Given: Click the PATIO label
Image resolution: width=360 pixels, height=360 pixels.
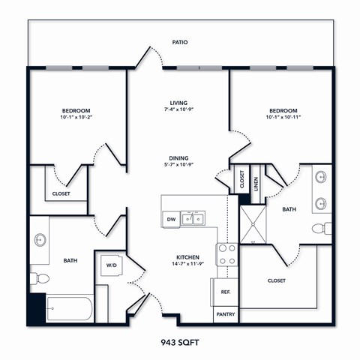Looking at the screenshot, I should [x=179, y=42].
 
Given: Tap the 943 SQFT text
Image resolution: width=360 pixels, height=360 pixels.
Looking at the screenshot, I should [x=180, y=342].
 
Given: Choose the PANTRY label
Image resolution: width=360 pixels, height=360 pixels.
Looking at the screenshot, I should [x=226, y=315].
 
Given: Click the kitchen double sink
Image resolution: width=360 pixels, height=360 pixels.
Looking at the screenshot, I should [x=194, y=218].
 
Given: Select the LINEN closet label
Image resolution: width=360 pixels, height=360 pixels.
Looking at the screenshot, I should [x=256, y=183].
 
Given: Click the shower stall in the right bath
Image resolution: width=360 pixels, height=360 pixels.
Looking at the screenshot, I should [x=253, y=223].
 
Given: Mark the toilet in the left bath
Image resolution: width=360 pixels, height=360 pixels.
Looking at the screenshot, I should [x=39, y=279].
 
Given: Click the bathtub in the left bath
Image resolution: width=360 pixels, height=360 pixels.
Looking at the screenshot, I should [x=69, y=308].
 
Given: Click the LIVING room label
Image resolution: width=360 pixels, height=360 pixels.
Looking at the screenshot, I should [x=178, y=103].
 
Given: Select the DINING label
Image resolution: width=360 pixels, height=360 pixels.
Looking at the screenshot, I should [x=178, y=158].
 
